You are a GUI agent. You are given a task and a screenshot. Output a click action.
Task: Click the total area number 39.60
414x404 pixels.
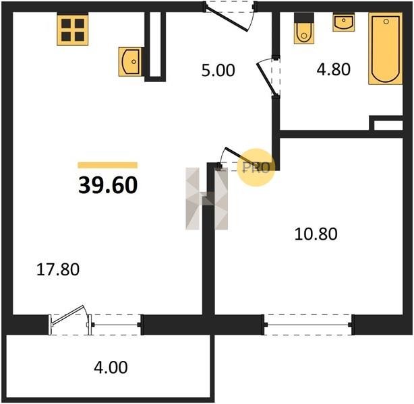point(108,185)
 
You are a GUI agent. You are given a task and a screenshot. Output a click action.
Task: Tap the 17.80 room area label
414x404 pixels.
point(58,270)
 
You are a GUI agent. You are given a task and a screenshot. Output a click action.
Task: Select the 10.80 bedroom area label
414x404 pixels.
point(316,234)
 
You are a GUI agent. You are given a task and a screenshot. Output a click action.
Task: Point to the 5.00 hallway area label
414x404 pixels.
point(218,71)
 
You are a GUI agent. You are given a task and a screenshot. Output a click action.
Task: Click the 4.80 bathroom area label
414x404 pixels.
point(334,69)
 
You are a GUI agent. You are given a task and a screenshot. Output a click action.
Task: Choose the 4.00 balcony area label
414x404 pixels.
point(111,368)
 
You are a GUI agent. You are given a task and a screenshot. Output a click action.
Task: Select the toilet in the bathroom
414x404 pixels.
point(304,28)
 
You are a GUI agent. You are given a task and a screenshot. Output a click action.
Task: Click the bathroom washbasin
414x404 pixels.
point(343,22)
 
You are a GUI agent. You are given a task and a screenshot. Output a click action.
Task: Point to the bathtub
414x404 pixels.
point(386,48)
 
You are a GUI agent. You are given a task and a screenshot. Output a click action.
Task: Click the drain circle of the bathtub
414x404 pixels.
point(386,22)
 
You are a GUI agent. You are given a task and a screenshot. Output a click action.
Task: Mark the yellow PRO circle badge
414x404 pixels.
point(256,167)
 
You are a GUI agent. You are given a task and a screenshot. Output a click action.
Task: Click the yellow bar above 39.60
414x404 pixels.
point(108,165)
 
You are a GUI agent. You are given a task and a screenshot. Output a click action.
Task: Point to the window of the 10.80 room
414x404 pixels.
point(308,325)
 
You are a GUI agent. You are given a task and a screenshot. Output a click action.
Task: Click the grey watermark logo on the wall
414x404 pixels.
point(206,199)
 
